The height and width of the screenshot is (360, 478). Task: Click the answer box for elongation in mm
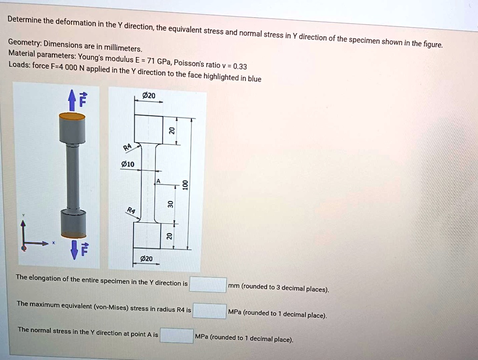(208, 284)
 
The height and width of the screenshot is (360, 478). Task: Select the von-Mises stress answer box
(210, 311)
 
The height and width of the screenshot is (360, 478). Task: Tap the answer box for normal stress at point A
(176, 336)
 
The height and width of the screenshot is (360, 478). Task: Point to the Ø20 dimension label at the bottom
(146, 259)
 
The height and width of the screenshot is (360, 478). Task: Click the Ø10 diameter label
(127, 164)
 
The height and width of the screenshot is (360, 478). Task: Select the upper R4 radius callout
(127, 148)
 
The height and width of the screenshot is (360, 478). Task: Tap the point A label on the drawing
(158, 181)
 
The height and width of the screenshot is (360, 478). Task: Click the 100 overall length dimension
(185, 184)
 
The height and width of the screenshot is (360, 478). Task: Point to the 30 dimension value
(171, 204)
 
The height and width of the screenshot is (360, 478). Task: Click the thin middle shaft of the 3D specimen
(73, 177)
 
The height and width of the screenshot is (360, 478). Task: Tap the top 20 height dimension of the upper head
(171, 130)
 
